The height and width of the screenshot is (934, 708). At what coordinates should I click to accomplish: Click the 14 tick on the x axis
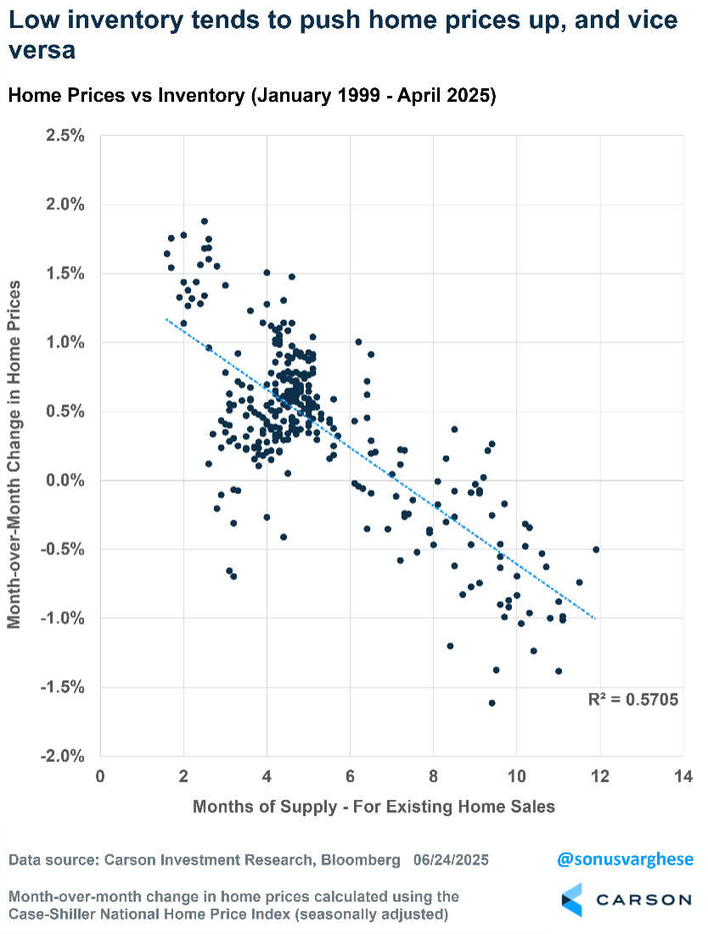click(x=683, y=776)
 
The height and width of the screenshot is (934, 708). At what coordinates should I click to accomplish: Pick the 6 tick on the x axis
click(x=350, y=776)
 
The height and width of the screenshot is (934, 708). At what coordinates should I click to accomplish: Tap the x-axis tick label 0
click(x=100, y=776)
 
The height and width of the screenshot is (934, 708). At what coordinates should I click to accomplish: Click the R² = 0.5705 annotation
click(x=633, y=700)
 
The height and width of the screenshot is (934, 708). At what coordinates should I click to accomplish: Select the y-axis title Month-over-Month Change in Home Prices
click(x=14, y=445)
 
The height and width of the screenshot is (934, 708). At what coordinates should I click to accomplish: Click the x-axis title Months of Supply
click(x=374, y=806)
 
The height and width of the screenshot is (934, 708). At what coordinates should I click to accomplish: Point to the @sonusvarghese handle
click(x=625, y=859)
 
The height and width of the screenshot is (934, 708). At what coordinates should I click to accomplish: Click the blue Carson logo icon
click(x=573, y=899)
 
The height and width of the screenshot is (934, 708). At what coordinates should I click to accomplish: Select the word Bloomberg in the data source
click(x=358, y=860)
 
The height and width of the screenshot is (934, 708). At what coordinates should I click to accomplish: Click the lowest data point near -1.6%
click(x=492, y=703)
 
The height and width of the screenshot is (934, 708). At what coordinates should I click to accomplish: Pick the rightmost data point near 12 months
click(x=596, y=549)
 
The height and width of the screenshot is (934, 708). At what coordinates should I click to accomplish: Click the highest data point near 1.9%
click(x=205, y=221)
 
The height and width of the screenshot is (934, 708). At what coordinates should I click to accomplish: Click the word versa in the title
click(x=42, y=51)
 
